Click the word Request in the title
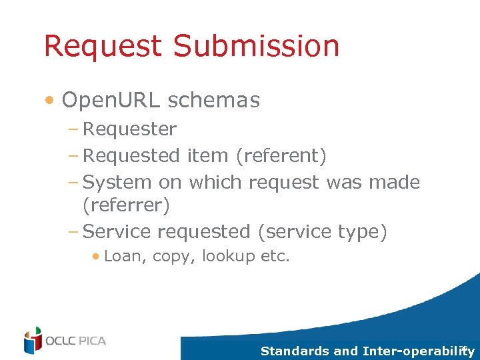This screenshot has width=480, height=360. point(103,46)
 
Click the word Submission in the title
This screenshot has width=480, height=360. point(257,46)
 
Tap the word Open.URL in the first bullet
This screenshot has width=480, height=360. point(111,100)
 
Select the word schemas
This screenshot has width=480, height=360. point(214,100)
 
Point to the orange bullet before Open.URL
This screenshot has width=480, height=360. point(50,101)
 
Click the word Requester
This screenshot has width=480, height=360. point(129,129)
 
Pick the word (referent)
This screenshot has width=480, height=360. point(281,155)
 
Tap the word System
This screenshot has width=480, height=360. point(118,182)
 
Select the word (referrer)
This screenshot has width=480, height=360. point(126,205)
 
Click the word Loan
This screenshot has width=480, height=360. point(125,256)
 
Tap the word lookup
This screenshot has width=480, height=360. point(228,257)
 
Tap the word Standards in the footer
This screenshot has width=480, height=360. point(294,351)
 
